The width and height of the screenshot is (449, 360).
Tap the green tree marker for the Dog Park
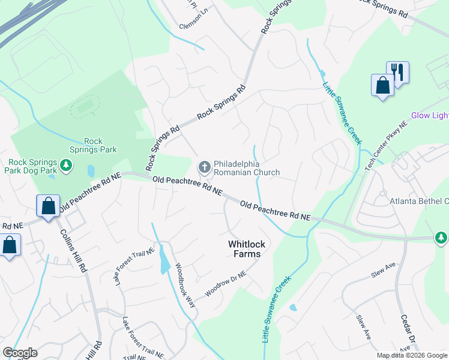coord(66,165)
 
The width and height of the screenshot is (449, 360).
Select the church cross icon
coord(204,167)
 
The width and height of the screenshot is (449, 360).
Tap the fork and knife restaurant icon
coord(397,73)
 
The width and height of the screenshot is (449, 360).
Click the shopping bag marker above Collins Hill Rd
coord(48,206)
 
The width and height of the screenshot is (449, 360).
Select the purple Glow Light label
coord(430,116)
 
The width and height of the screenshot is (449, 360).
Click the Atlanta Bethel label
coord(419,201)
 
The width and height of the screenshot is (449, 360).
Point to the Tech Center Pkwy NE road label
coord(385,145)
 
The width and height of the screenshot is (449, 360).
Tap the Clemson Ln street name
coord(193,27)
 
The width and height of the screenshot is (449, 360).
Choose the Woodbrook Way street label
coord(185,286)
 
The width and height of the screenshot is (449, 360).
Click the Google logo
coord(20,353)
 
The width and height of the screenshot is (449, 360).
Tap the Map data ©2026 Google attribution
coord(412,356)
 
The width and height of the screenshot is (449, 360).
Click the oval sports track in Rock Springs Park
coord(85,108)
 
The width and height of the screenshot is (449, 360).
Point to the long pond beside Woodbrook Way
coord(164,260)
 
